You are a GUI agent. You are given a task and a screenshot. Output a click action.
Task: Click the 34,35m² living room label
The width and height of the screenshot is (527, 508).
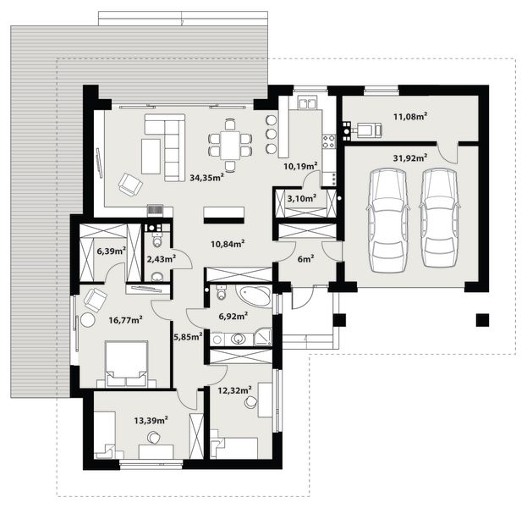coord(206,178)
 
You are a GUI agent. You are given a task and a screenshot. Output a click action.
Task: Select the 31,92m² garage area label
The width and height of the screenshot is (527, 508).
coord(409,157)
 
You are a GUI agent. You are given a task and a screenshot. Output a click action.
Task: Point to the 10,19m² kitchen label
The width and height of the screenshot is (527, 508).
coord(300,166)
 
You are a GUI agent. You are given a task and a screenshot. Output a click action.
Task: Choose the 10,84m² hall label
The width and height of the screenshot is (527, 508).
coord(228,243)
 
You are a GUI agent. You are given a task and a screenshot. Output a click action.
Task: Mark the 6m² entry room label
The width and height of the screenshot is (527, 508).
coord(305,258)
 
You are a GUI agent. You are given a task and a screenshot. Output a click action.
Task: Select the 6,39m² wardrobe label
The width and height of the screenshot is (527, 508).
coord(111,251)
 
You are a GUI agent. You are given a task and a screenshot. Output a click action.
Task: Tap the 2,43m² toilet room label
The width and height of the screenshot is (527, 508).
coord(161,258)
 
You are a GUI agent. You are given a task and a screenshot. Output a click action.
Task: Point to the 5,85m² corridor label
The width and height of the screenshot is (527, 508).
coord(188,336)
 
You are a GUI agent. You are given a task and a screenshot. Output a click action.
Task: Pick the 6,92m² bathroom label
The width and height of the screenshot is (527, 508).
coord(233,316)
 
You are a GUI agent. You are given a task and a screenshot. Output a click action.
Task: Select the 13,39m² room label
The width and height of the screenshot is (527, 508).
coord(151,419)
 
